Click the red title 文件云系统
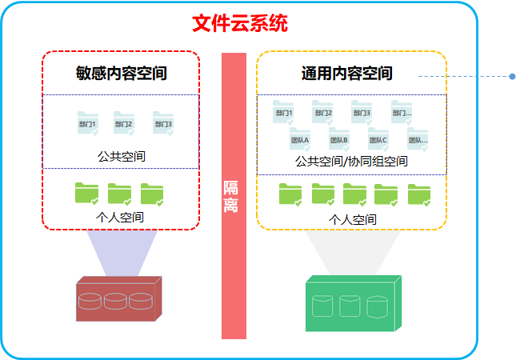point(240,23)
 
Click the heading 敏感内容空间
point(121,74)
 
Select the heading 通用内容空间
point(347,74)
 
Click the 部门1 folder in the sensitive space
point(87,122)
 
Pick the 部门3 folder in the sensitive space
point(163,122)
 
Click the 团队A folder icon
point(300,139)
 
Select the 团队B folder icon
point(339,139)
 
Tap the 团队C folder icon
point(378,139)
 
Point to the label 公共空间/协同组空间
point(351,162)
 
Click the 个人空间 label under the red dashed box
point(120,217)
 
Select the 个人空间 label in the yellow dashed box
point(352,219)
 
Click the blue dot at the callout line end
point(512,77)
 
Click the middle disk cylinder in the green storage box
point(350,306)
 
